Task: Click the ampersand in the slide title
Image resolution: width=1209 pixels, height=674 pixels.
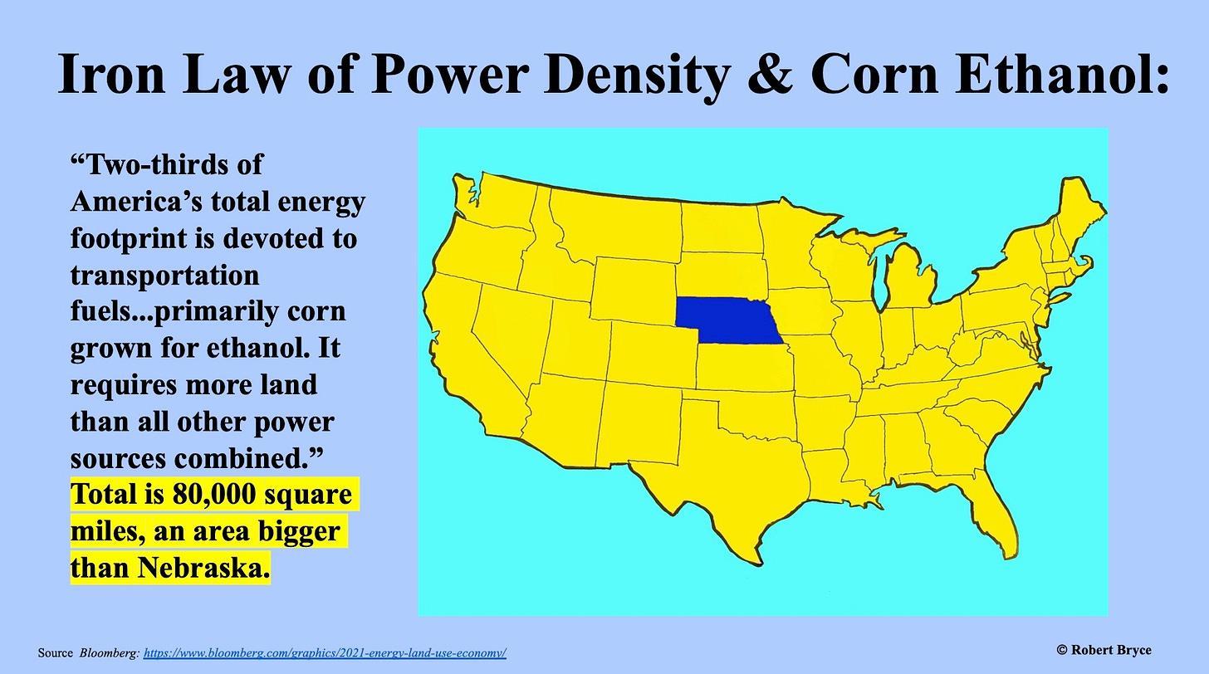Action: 770,75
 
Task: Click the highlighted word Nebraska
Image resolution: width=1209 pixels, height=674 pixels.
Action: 203,568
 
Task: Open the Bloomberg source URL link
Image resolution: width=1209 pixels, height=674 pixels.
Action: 325,653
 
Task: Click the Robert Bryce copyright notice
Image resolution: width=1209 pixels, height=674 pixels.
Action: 1104,650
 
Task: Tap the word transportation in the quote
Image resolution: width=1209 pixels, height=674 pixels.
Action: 164,276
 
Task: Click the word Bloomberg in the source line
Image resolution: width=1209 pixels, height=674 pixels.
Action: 110,653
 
